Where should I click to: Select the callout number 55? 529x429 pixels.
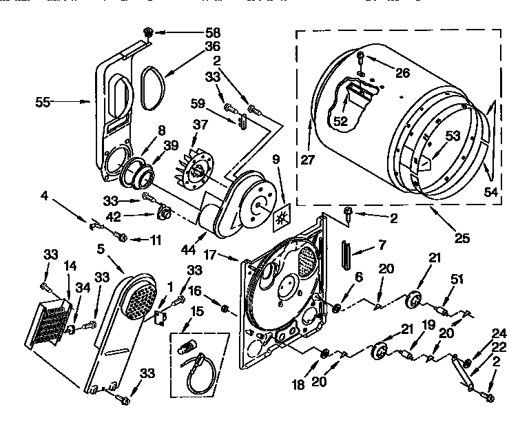[x=43, y=102]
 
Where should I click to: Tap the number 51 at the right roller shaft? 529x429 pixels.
[x=455, y=279]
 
